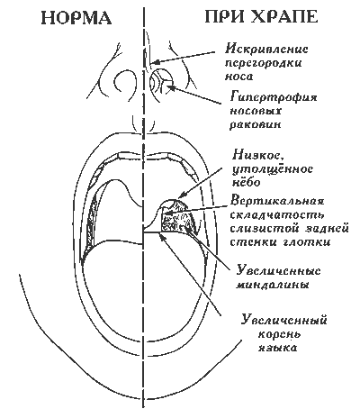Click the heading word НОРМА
[76, 17]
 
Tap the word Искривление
[266, 49]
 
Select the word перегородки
[263, 64]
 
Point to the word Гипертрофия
[274, 98]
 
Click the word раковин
[256, 124]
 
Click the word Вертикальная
[277, 201]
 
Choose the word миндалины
[272, 285]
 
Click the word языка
[278, 348]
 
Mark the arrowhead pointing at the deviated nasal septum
[155, 62]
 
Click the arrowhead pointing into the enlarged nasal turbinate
[170, 87]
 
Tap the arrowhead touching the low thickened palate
[181, 196]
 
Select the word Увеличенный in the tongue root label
[284, 320]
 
